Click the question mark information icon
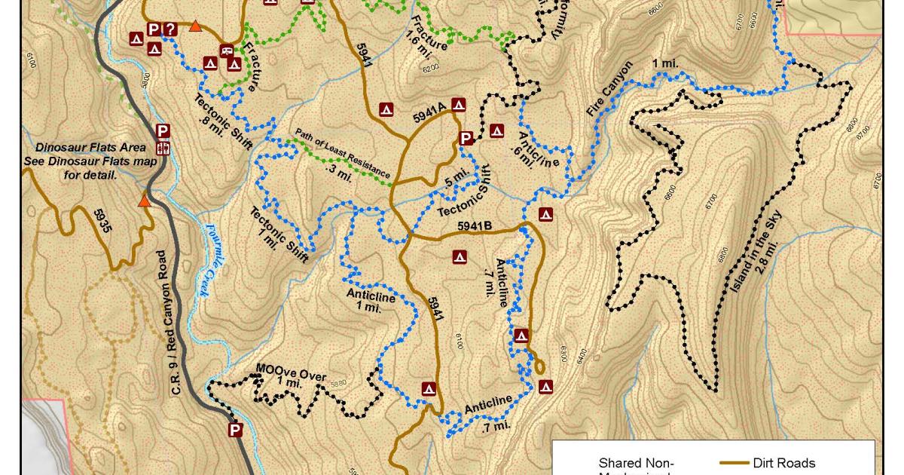pos(170,29)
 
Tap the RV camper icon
pos(226,51)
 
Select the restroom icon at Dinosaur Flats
pos(163,148)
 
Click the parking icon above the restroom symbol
pos(162,130)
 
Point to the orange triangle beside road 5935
pos(144,201)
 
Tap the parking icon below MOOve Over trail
pos(235,430)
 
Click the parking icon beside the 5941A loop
pos(466,138)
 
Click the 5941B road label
pos(474,225)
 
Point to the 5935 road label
pos(102,220)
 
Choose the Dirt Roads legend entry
pos(783,463)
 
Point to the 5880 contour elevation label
pos(338,383)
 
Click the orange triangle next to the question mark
pos(195,27)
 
